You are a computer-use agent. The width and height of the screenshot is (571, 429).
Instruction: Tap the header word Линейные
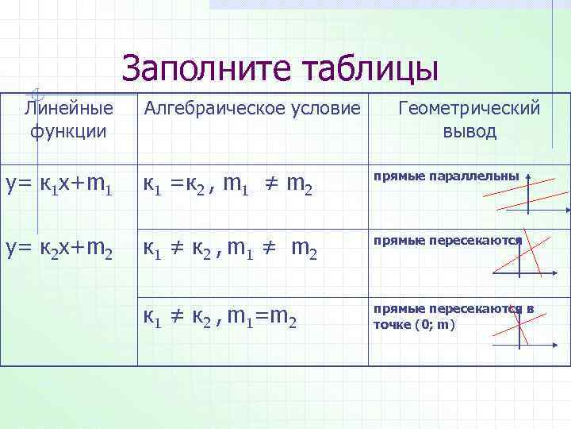click(69, 107)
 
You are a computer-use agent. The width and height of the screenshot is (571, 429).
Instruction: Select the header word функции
click(69, 131)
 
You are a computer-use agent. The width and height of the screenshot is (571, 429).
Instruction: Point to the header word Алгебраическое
click(212, 107)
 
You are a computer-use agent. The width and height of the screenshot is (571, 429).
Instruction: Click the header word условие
click(324, 107)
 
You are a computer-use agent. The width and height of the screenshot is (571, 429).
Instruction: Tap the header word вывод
click(469, 131)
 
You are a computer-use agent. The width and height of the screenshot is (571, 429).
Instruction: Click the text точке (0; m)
click(414, 324)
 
